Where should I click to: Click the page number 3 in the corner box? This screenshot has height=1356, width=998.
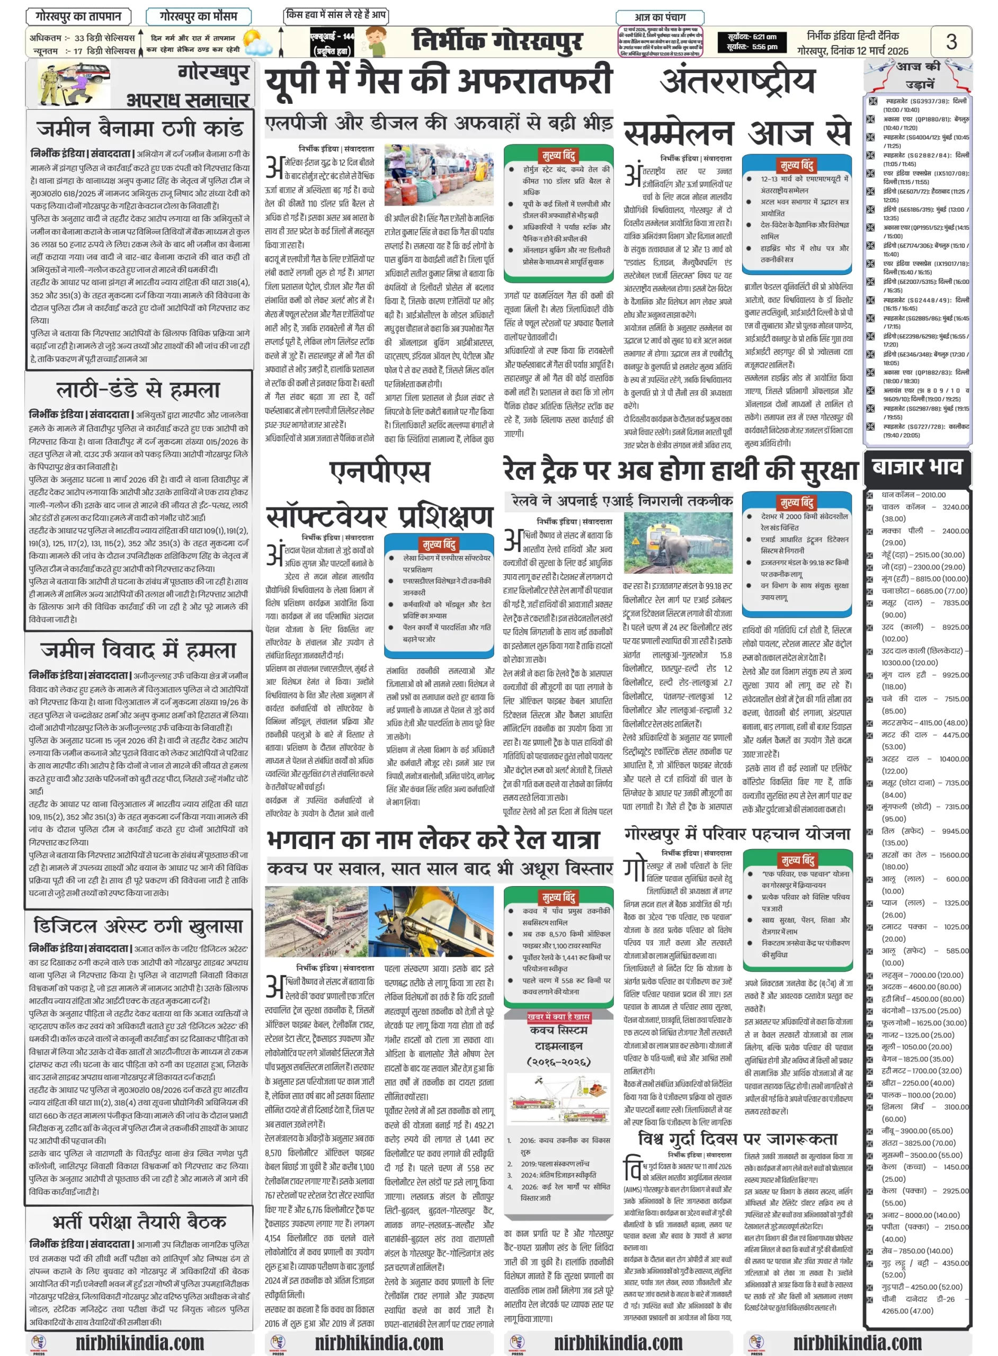950,42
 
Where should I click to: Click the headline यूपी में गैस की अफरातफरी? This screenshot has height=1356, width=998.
439,82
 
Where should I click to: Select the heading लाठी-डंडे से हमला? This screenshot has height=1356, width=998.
138,390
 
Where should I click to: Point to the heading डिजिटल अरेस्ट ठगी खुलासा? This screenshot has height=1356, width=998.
138,925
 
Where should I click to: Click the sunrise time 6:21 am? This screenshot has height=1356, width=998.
752,37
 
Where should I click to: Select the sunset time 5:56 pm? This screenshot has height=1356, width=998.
752,47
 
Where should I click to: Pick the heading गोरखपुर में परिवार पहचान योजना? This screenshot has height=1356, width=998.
737,834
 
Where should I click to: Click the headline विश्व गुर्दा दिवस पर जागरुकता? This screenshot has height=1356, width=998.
737,1138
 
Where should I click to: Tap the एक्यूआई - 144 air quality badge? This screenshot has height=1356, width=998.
332,42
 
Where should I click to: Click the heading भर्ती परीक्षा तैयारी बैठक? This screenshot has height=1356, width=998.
139,1221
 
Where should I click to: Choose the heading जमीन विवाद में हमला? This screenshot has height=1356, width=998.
138,650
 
